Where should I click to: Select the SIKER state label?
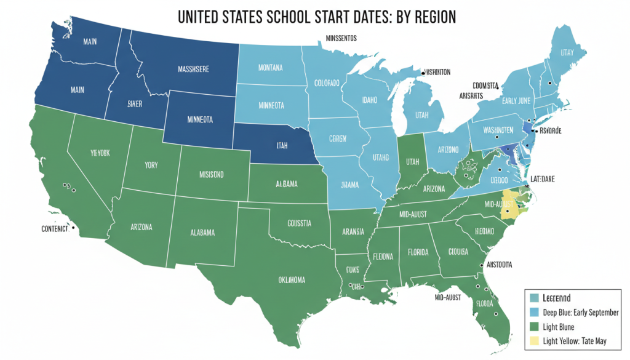click(x=135, y=104)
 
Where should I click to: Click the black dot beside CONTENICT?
click(x=74, y=228)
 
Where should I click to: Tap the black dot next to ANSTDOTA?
click(x=480, y=266)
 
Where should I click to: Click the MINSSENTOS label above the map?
click(x=341, y=38)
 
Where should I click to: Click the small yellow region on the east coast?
click(x=509, y=210)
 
